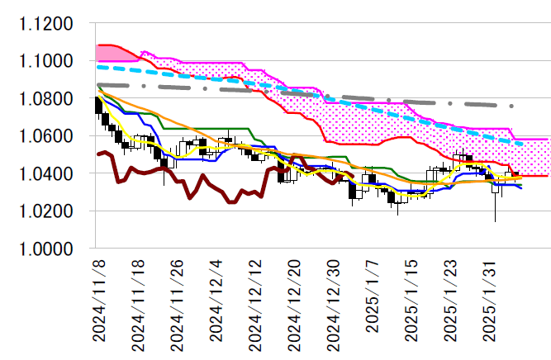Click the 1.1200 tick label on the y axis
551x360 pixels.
pos(46,24)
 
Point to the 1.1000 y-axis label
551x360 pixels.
pos(46,61)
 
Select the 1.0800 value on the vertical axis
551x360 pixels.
pos(46,99)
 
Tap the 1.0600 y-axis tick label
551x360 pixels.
pos(46,136)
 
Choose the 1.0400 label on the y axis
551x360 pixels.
pos(46,174)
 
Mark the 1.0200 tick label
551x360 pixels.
pos(46,211)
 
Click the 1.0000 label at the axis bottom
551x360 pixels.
pos(46,249)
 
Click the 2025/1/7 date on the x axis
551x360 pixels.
pos(373,298)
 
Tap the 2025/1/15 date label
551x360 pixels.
pos(412,302)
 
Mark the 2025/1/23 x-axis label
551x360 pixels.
pos(452,302)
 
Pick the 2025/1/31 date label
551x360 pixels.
pos(491,302)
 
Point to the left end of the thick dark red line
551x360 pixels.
pos(98,154)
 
